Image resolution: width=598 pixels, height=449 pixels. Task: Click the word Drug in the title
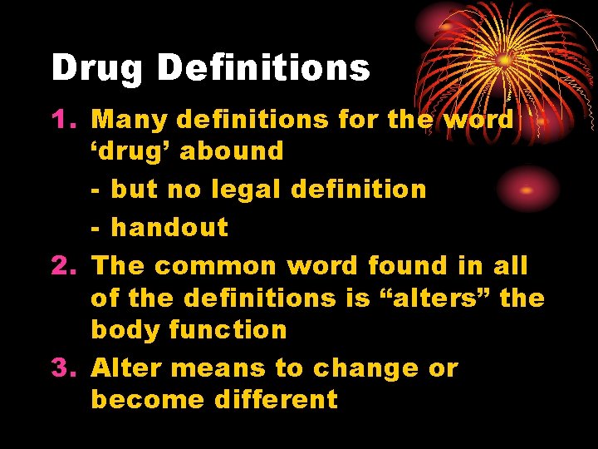pos(97,68)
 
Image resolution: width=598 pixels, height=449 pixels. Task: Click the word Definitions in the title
pos(263,67)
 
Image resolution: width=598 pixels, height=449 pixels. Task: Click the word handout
pos(169,227)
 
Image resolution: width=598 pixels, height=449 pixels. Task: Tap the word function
pos(228,329)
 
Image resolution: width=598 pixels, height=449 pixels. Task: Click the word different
pos(276,399)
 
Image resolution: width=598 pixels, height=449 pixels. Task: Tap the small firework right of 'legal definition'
pos(526,190)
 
